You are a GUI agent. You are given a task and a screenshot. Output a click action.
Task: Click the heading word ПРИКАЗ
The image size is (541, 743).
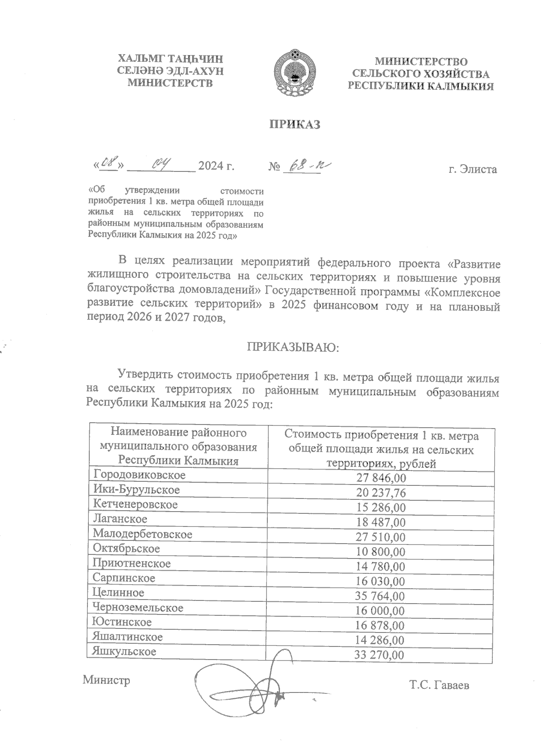(x=295, y=125)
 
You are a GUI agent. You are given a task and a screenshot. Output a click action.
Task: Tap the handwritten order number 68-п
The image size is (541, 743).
(x=310, y=166)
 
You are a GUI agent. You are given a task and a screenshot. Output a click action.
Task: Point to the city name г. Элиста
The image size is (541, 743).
(x=472, y=170)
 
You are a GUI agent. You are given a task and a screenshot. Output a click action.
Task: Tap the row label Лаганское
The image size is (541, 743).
(x=120, y=519)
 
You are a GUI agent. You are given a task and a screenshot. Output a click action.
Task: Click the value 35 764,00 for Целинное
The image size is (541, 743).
(x=380, y=596)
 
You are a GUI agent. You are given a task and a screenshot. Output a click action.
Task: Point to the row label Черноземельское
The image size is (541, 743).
(x=138, y=608)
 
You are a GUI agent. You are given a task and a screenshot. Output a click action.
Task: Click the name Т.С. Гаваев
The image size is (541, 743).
(x=439, y=686)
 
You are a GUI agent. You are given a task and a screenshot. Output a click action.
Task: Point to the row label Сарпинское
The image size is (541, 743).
(x=124, y=578)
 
